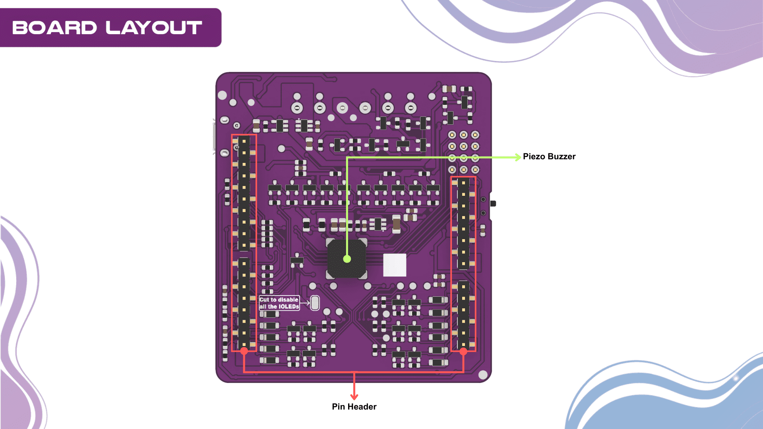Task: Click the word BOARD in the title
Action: pos(54,28)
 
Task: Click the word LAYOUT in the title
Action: pos(154,28)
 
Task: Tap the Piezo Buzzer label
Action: pos(549,157)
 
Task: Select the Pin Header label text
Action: pos(354,406)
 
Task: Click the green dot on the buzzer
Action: pos(347,259)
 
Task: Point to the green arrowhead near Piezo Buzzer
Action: pos(517,157)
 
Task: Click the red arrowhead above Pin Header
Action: pos(354,396)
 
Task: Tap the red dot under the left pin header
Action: pos(244,351)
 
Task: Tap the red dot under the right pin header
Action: pos(463,351)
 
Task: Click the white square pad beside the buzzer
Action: pos(395,265)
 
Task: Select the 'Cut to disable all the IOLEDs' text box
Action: pos(279,303)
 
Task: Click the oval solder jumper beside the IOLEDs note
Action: pos(315,303)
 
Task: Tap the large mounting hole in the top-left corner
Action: pos(222,95)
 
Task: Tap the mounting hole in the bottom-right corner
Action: pos(483,375)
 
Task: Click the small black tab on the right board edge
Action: pos(493,203)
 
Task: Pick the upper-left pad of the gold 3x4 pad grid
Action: pos(452,135)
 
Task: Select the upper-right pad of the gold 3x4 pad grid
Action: pos(475,135)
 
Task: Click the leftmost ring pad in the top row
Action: pos(297,108)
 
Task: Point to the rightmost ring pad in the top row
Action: pos(411,108)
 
